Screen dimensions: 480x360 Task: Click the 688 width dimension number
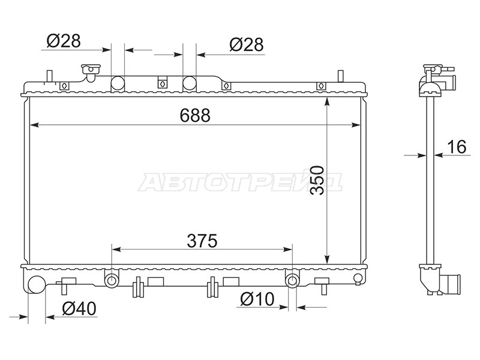(195, 115)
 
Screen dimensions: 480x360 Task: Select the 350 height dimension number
(317, 181)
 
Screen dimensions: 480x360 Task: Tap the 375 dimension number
(202, 241)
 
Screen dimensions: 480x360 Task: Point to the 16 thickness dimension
(457, 146)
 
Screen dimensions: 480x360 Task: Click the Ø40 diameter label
(79, 308)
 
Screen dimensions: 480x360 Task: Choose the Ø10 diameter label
(257, 299)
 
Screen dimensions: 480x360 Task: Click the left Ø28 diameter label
(64, 41)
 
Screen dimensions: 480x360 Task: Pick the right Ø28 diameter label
(247, 44)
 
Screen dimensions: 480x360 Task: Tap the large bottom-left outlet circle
(37, 284)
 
